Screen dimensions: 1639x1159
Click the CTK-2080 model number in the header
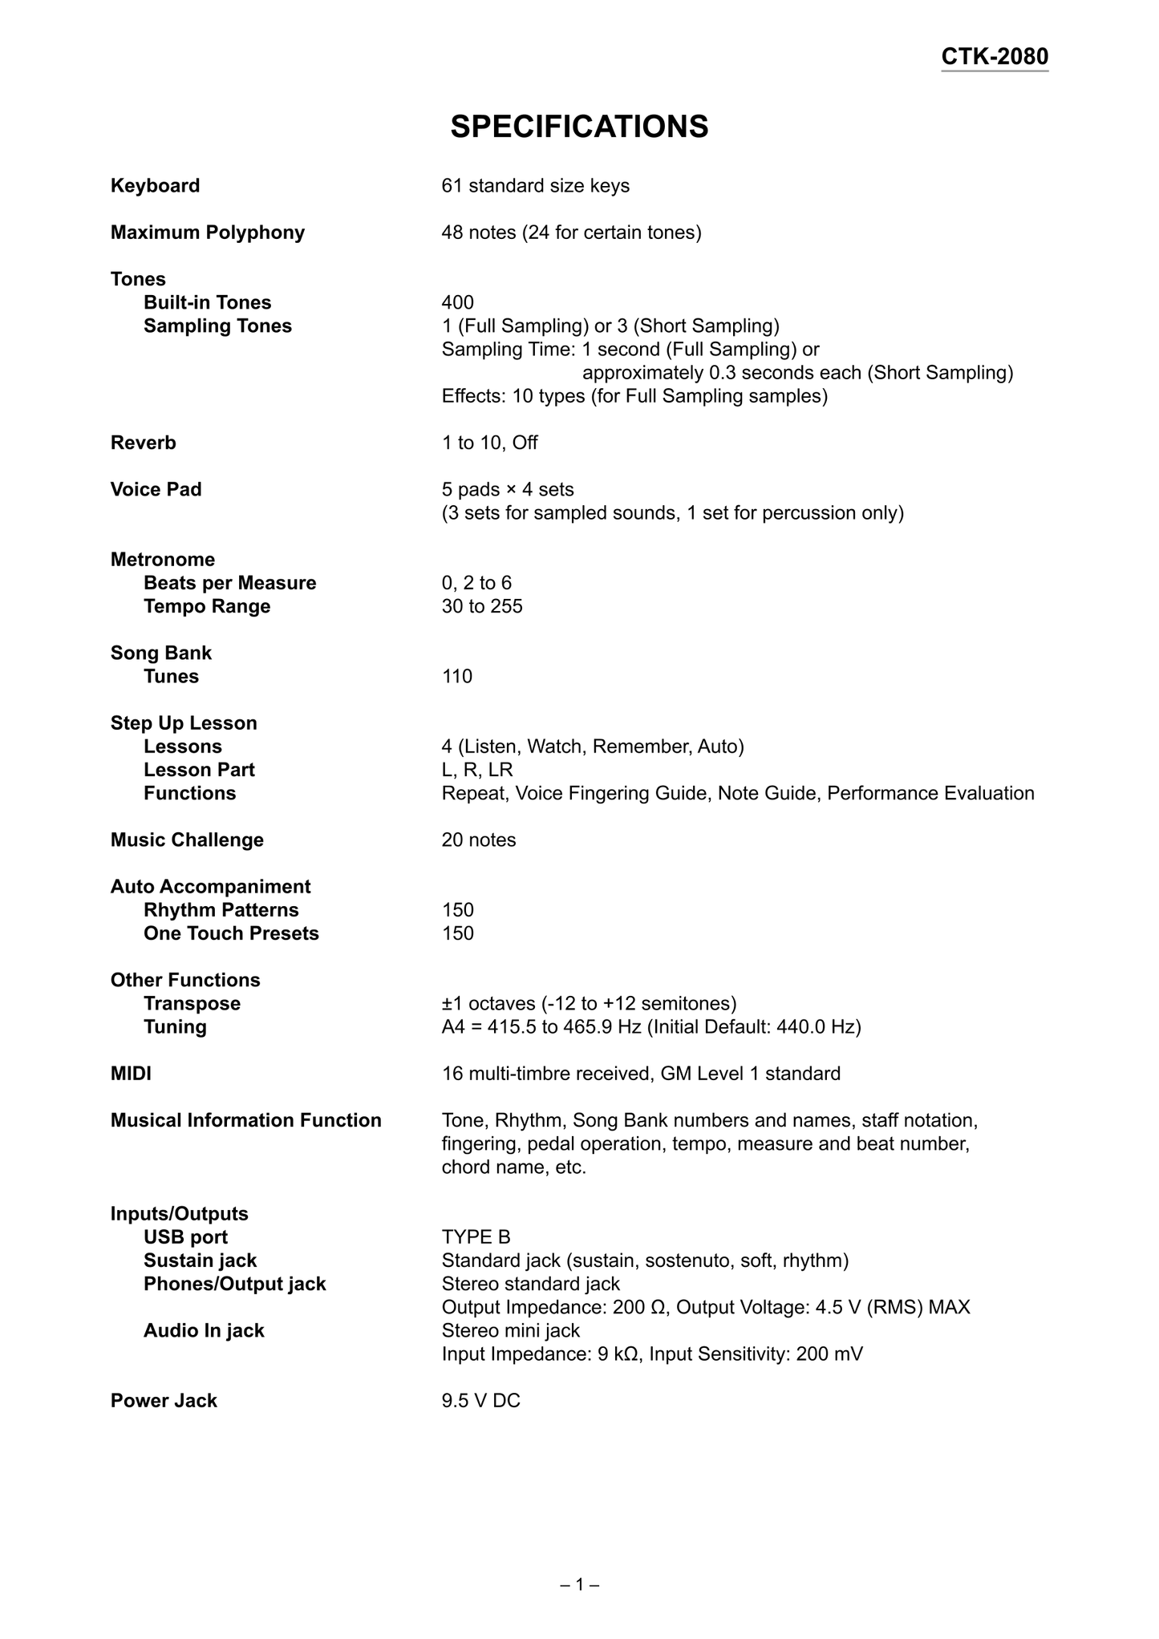tap(994, 57)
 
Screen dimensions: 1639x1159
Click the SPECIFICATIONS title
tap(579, 127)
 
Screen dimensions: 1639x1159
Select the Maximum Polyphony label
tap(208, 233)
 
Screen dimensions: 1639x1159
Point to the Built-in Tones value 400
tap(457, 302)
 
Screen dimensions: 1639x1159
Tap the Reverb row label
tap(143, 443)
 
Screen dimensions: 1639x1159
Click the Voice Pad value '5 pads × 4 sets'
tap(507, 489)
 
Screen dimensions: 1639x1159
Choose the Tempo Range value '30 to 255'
tap(481, 606)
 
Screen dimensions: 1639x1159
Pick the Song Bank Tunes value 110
tap(456, 676)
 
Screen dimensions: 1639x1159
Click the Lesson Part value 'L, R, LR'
tap(476, 770)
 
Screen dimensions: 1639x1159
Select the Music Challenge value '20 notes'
tap(478, 840)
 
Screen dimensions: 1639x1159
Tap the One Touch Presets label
tap(231, 933)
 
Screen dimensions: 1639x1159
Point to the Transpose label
tap(192, 1003)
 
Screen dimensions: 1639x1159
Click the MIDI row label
tap(131, 1074)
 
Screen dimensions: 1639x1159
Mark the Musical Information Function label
tap(245, 1120)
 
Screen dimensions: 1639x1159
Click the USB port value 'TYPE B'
tap(476, 1237)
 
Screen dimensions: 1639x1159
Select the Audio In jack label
tap(204, 1330)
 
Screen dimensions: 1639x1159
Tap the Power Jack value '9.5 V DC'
tap(480, 1401)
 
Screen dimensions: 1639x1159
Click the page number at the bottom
tap(579, 1584)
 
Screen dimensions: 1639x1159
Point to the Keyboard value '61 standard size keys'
tap(535, 186)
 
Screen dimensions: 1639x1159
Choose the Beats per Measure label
tap(229, 583)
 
